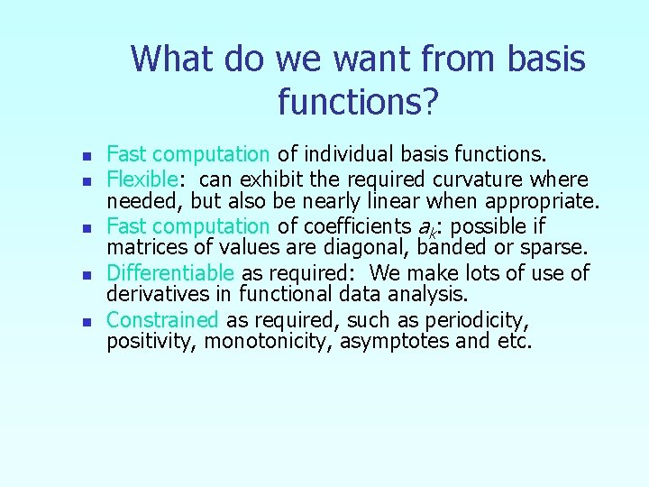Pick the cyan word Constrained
(162, 319)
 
